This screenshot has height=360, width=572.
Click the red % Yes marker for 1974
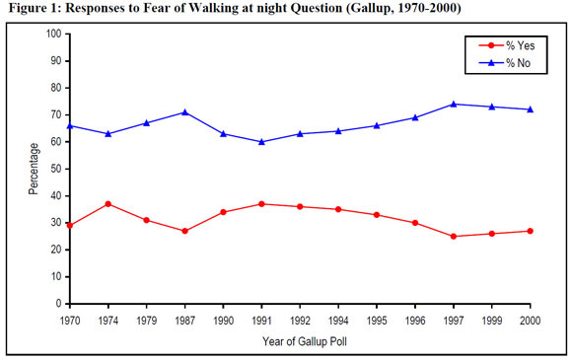(x=107, y=204)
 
